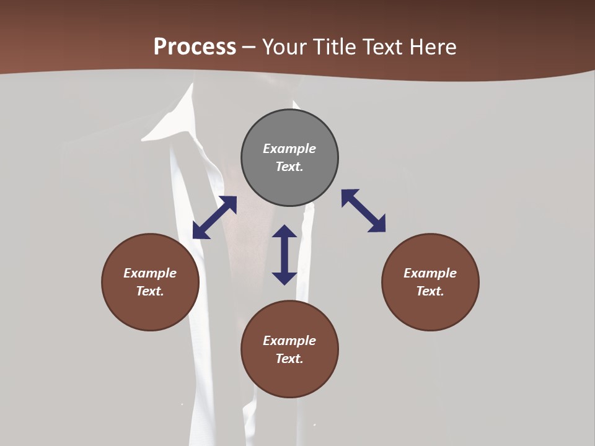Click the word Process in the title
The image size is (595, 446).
(195, 47)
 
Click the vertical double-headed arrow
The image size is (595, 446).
(284, 255)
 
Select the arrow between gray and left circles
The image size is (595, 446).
(214, 217)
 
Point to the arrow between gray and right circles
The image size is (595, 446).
(364, 211)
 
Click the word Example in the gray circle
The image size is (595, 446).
(289, 149)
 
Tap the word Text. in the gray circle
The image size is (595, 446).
(289, 167)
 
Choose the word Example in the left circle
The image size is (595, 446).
(150, 273)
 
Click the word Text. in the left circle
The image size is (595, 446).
(150, 291)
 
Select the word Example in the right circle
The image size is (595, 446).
(430, 273)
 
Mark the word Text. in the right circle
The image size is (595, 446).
(430, 291)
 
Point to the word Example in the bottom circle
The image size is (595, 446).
(289, 341)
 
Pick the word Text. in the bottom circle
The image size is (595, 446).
(289, 359)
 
